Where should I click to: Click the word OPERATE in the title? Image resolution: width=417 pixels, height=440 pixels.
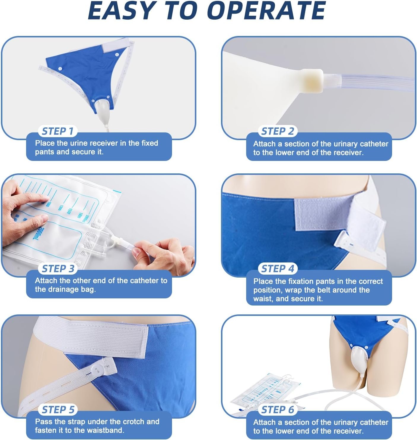pyautogui.click(x=266, y=10)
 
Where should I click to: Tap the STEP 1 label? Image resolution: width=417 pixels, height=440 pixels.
pyautogui.click(x=58, y=131)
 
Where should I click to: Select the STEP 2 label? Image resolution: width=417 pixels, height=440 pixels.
pyautogui.click(x=278, y=131)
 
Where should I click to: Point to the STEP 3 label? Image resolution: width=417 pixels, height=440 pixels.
pyautogui.click(x=58, y=269)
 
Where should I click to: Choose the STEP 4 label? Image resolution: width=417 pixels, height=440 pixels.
pyautogui.click(x=278, y=269)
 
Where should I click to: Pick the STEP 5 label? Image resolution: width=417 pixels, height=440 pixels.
pyautogui.click(x=58, y=410)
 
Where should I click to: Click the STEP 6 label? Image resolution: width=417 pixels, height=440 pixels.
pyautogui.click(x=278, y=410)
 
